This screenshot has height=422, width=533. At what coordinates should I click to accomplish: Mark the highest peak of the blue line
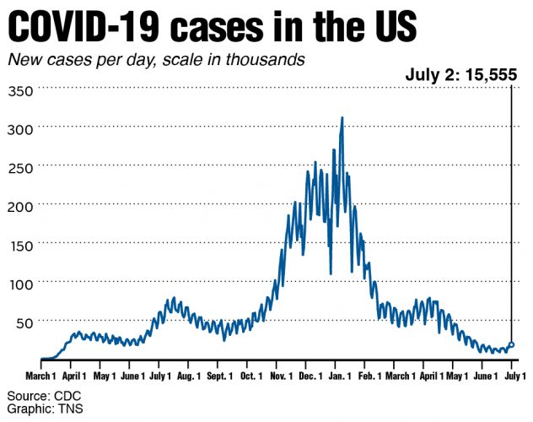[342, 119]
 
